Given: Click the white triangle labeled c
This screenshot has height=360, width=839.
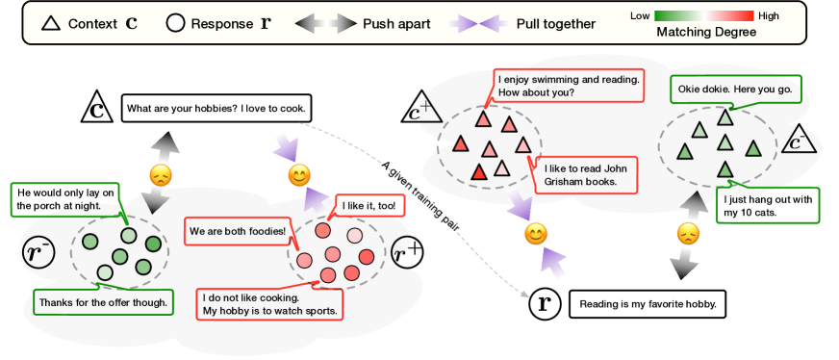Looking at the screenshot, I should click(x=97, y=108).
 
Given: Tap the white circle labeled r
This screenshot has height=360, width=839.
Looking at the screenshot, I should click(x=546, y=304).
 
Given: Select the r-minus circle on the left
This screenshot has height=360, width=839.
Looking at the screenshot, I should click(x=37, y=253).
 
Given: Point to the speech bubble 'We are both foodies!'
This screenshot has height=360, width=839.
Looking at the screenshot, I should click(x=237, y=231).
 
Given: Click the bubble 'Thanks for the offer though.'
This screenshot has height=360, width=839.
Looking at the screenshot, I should click(x=103, y=302).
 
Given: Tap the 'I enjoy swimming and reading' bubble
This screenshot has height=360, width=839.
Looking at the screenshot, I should click(x=568, y=86).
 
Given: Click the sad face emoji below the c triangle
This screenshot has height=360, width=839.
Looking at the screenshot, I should click(x=160, y=176).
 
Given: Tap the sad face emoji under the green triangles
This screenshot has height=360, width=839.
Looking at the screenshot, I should click(x=687, y=234).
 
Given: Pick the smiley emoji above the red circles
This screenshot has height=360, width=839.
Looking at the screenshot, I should click(x=300, y=177).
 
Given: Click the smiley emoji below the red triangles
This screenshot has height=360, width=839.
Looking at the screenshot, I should click(x=536, y=233).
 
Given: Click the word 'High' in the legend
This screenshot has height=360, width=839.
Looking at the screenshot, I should click(x=769, y=16).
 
